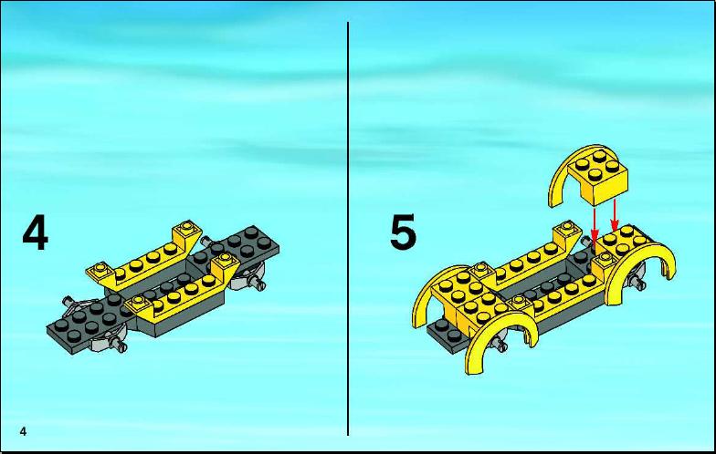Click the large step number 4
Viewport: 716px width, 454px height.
click(35, 233)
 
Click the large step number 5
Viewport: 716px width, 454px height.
click(404, 232)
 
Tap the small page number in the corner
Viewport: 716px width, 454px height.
click(24, 431)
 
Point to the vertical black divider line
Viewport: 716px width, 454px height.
click(348, 229)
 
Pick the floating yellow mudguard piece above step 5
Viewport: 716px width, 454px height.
click(588, 175)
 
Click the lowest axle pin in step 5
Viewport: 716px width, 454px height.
click(500, 346)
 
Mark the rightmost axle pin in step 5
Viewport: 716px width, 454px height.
click(639, 283)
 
